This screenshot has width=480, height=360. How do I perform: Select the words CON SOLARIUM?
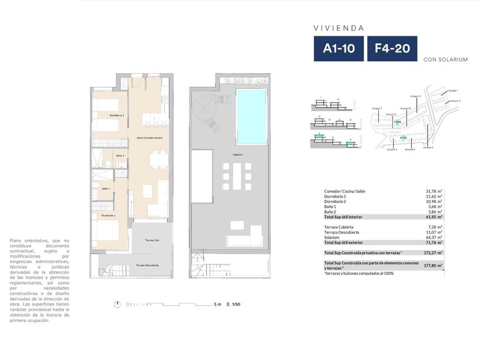pyautogui.click(x=446, y=60)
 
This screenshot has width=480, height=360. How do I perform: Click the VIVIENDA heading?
pyautogui.click(x=339, y=27)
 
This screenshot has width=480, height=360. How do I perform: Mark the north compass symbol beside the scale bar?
pyautogui.click(x=117, y=304)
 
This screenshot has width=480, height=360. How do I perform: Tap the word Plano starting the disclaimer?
pyautogui.click(x=17, y=241)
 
